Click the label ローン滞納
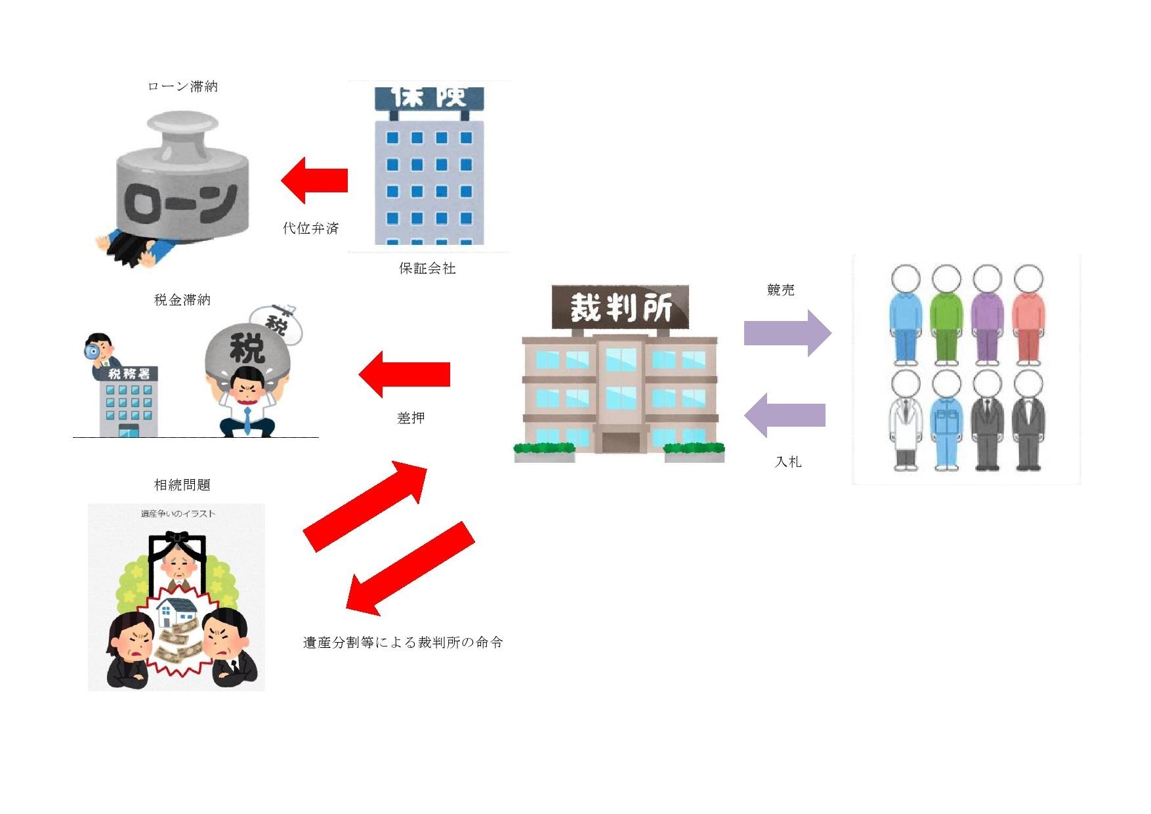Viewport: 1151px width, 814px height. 182,87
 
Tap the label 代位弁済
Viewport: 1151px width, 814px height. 310,228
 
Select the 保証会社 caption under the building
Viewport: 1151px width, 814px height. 427,268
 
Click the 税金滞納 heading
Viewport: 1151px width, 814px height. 182,300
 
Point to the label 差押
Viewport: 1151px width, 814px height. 411,418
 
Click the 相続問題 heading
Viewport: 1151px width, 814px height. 182,485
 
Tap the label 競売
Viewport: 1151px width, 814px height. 780,290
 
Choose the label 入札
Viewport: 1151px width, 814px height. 788,462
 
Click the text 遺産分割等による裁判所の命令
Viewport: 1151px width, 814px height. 403,643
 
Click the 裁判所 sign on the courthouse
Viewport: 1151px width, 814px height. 621,307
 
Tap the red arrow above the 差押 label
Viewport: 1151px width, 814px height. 404,374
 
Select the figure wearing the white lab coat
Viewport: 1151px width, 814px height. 906,420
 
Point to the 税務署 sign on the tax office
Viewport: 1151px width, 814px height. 129,374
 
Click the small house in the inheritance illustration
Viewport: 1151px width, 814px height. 176,612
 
